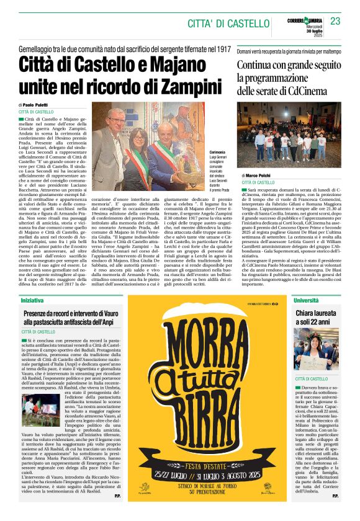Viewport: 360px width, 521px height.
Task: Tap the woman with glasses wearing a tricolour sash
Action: click(x=137, y=160)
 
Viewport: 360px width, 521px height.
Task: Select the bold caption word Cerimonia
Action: click(x=200, y=152)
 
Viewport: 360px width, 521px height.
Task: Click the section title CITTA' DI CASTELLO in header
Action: click(x=223, y=23)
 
